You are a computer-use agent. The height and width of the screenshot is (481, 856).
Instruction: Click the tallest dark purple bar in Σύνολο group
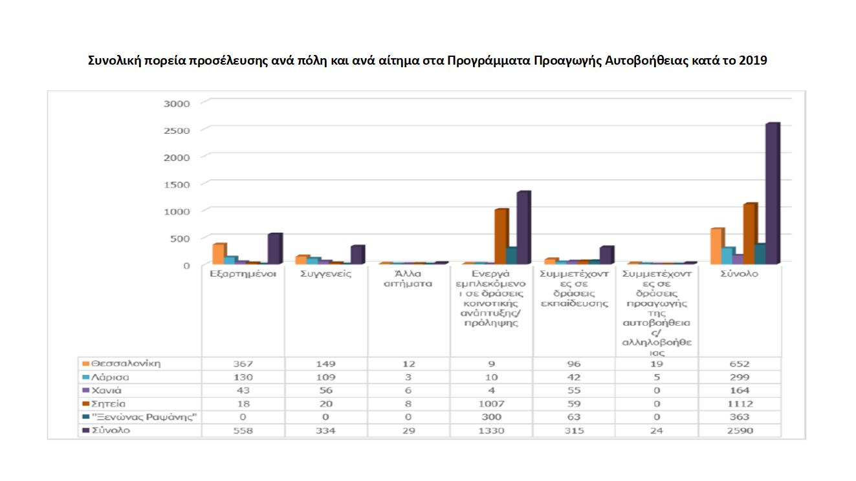[771, 194]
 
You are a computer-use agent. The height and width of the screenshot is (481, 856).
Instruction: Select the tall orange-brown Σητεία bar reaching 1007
[500, 237]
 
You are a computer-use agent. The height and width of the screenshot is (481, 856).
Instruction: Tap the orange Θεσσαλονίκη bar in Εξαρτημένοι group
[218, 254]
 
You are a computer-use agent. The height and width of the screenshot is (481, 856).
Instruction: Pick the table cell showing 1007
[490, 404]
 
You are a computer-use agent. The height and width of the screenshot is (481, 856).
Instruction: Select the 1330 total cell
[490, 431]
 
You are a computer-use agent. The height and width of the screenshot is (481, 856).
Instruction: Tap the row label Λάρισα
[110, 377]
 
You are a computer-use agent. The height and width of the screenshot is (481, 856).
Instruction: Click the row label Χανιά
[106, 390]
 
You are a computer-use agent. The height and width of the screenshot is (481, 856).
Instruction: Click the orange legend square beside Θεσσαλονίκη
[85, 363]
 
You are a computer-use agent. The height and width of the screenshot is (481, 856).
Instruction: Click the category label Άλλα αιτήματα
[408, 279]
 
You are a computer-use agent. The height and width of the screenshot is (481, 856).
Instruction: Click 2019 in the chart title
[752, 61]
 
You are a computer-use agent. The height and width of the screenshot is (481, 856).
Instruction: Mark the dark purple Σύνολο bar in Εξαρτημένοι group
[274, 248]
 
